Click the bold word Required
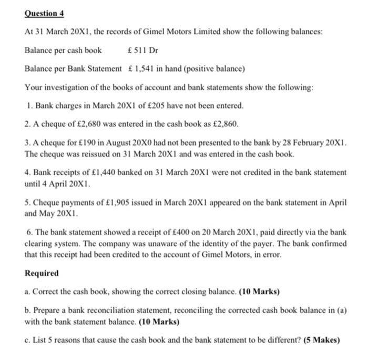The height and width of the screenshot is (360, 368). tap(42, 274)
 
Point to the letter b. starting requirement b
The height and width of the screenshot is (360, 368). tap(28, 312)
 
